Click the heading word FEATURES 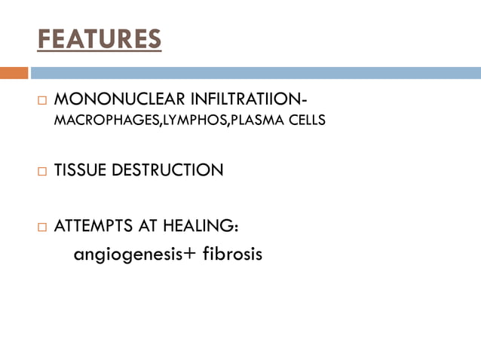click(x=99, y=38)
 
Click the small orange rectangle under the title click(x=14, y=73)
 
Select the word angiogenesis click(x=127, y=255)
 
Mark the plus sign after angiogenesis click(x=188, y=254)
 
